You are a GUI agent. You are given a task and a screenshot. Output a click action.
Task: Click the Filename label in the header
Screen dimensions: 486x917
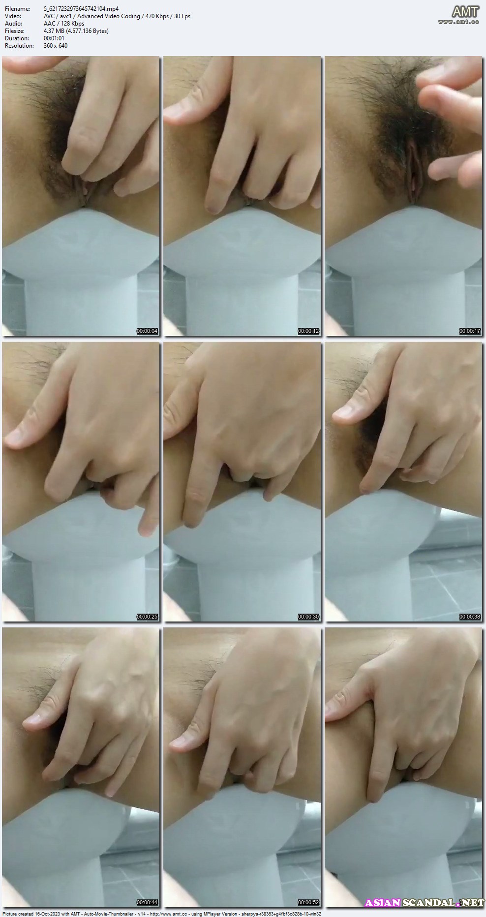point(17,9)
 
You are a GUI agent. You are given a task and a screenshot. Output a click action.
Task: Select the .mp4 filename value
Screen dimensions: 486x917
point(81,9)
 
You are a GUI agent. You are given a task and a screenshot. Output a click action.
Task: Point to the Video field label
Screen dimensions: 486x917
point(13,16)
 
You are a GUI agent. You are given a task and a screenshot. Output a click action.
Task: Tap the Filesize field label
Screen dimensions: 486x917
point(15,31)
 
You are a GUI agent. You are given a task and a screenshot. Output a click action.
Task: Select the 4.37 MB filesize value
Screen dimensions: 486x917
point(76,31)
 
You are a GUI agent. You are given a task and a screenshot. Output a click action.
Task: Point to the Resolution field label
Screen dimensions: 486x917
point(19,46)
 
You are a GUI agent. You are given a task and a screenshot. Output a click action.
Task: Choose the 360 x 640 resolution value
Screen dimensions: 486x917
point(56,46)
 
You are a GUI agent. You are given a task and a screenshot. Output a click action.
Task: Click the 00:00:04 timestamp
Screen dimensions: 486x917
point(147,331)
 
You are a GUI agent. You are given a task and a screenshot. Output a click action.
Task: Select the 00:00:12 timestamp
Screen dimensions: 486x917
point(308,331)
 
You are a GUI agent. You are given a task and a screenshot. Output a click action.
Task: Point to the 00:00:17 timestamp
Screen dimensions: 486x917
point(470,331)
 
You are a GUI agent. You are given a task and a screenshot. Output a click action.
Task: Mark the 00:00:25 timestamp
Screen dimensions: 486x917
point(147,617)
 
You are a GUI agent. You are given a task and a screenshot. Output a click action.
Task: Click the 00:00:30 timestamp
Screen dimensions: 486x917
point(308,617)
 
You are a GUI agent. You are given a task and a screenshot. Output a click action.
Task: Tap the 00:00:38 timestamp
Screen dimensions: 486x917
point(470,617)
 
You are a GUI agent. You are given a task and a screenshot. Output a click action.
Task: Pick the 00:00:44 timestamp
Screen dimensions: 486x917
point(147,902)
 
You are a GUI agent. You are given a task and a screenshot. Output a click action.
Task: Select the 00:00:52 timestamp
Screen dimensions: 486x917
point(308,902)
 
